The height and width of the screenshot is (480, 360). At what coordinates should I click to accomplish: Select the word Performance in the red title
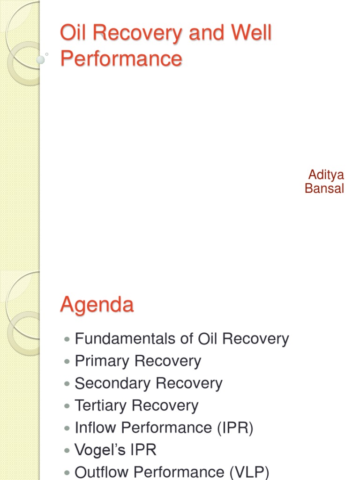pos(121,59)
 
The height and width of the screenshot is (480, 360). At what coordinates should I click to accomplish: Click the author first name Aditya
pos(326,175)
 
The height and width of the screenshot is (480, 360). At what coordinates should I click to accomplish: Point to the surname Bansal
pos(324,188)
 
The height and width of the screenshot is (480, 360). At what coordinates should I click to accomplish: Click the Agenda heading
pos(97,305)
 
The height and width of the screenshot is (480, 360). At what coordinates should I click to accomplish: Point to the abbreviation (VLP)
pos(249,472)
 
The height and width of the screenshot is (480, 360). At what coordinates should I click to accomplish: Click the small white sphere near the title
pos(41,60)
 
